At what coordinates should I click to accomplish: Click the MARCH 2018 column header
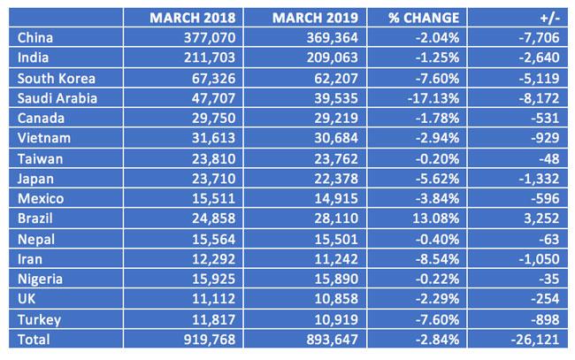(x=193, y=18)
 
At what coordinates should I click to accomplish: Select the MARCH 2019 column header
(x=316, y=18)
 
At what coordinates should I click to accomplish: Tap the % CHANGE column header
(x=424, y=18)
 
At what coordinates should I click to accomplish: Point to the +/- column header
(x=550, y=19)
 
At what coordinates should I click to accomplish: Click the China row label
(x=35, y=38)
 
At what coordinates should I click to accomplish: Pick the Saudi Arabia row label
(x=57, y=98)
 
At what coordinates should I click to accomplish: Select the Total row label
(x=34, y=340)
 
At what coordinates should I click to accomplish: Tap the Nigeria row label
(x=40, y=280)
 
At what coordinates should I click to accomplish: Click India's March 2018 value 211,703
(x=210, y=57)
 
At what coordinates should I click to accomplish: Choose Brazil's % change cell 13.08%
(x=436, y=218)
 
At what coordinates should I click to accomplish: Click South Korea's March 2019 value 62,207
(x=336, y=79)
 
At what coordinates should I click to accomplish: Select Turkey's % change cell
(x=438, y=319)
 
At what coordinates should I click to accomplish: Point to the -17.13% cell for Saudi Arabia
(x=433, y=98)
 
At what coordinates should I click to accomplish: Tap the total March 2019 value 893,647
(x=333, y=340)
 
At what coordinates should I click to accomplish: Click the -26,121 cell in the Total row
(x=535, y=340)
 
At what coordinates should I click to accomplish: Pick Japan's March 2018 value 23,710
(x=214, y=179)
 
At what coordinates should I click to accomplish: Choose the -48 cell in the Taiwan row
(x=549, y=159)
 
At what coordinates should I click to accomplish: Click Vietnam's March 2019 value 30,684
(x=336, y=138)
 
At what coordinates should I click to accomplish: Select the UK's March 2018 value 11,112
(x=214, y=299)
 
